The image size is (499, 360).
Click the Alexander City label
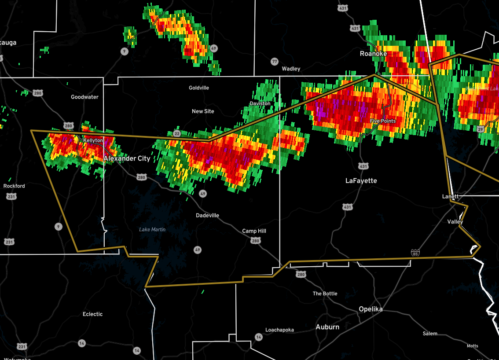click(x=127, y=158)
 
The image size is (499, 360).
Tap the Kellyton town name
click(x=93, y=140)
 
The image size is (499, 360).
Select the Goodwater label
click(x=84, y=97)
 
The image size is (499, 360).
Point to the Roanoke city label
click(x=373, y=54)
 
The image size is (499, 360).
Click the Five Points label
click(x=382, y=121)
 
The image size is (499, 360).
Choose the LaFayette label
click(x=361, y=180)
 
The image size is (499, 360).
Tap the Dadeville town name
click(x=207, y=215)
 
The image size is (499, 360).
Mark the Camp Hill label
click(x=254, y=231)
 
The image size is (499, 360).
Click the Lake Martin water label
click(x=152, y=229)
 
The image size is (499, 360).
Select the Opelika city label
click(x=370, y=309)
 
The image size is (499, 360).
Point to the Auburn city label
click(x=327, y=327)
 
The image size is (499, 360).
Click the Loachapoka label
click(x=279, y=330)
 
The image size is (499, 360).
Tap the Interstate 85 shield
click(x=415, y=253)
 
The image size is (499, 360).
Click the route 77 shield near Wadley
click(x=275, y=61)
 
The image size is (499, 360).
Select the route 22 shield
click(x=177, y=133)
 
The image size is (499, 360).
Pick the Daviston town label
click(x=260, y=103)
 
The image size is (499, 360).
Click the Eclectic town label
click(x=92, y=314)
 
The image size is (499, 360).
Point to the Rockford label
click(x=14, y=186)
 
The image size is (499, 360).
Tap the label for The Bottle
click(x=325, y=294)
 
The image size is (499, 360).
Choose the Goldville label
click(x=199, y=88)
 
